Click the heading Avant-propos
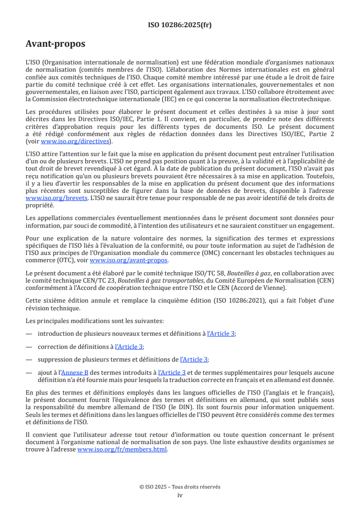[55, 44]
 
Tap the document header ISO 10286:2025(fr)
[180, 25]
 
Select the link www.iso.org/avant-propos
[129, 260]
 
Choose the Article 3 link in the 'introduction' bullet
[221, 333]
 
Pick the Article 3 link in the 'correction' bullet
[129, 347]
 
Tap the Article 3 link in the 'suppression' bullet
[194, 359]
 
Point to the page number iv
[180, 495]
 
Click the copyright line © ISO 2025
[180, 487]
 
